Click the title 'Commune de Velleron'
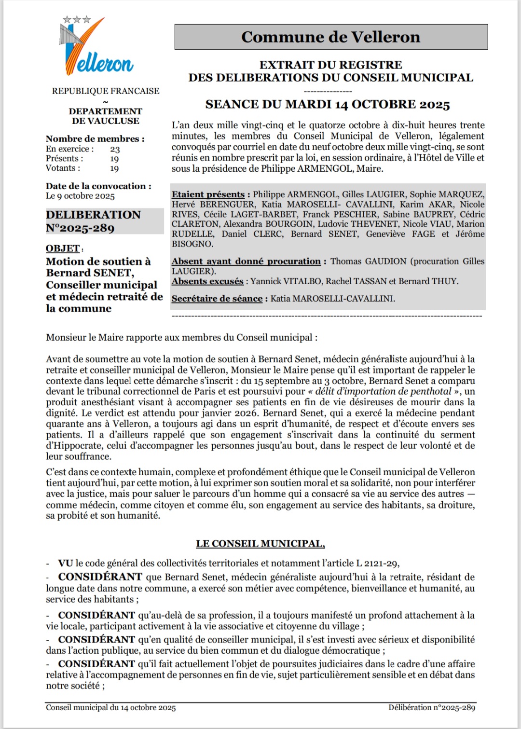330,37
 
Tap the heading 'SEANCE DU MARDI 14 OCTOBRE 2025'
328,105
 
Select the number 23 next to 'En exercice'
115,149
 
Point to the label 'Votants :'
63,168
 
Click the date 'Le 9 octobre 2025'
80,196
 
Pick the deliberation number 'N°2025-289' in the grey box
80,228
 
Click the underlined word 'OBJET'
63,248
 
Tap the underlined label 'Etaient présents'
208,194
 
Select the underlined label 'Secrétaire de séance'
217,299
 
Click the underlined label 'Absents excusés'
207,281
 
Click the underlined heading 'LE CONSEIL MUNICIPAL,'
260,544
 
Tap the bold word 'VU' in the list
66,563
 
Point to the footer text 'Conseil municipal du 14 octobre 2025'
111,708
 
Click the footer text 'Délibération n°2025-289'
432,708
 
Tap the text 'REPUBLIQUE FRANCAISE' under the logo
106,91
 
